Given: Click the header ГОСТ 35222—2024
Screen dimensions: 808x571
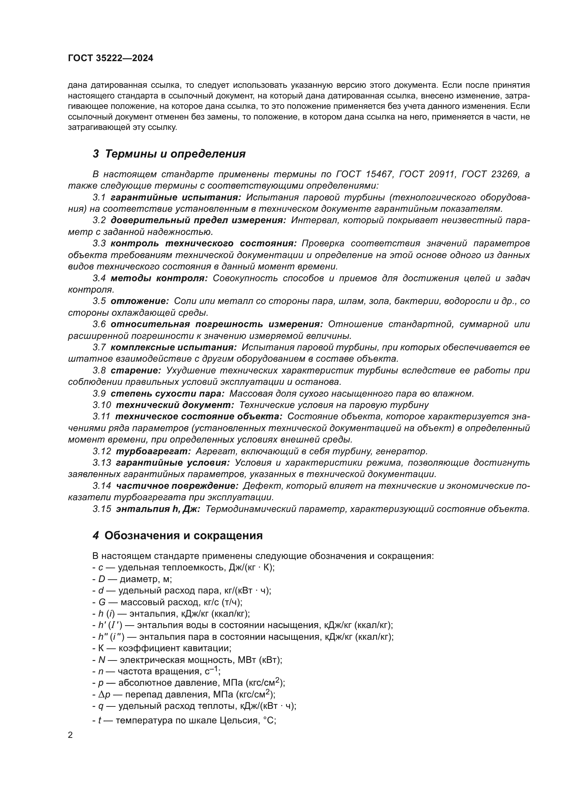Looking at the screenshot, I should (x=110, y=58).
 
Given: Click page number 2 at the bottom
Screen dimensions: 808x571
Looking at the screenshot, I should (x=70, y=735).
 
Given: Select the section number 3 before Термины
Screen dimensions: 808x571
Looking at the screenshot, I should (x=96, y=154).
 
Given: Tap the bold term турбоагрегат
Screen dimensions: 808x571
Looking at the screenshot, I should (x=154, y=451).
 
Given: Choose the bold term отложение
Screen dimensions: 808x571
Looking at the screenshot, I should (x=140, y=301).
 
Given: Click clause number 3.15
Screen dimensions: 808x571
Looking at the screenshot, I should (x=101, y=509).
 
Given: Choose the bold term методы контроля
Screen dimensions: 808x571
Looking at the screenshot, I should (x=159, y=278).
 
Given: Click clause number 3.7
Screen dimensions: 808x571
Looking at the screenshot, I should (x=99, y=347).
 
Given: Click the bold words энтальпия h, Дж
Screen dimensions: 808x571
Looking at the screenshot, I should (x=158, y=509).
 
